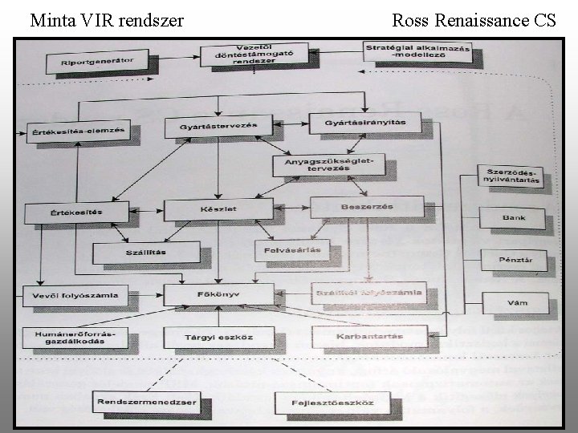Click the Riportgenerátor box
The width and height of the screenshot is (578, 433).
point(96,61)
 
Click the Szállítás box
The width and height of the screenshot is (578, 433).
point(140,253)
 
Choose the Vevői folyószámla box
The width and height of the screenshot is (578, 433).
point(70,296)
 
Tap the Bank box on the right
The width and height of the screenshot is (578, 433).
point(514,217)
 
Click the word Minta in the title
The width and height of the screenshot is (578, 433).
point(53,19)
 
